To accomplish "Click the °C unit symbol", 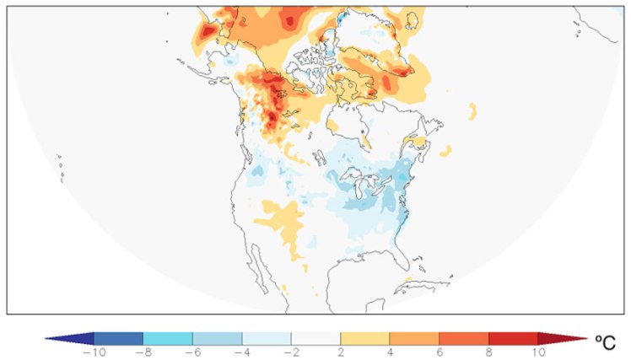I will coord(607,342).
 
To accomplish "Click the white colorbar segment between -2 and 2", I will coord(315,337).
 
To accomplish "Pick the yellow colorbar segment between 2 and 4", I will coord(365,337).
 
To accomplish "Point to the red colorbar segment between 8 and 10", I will coord(513,337).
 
